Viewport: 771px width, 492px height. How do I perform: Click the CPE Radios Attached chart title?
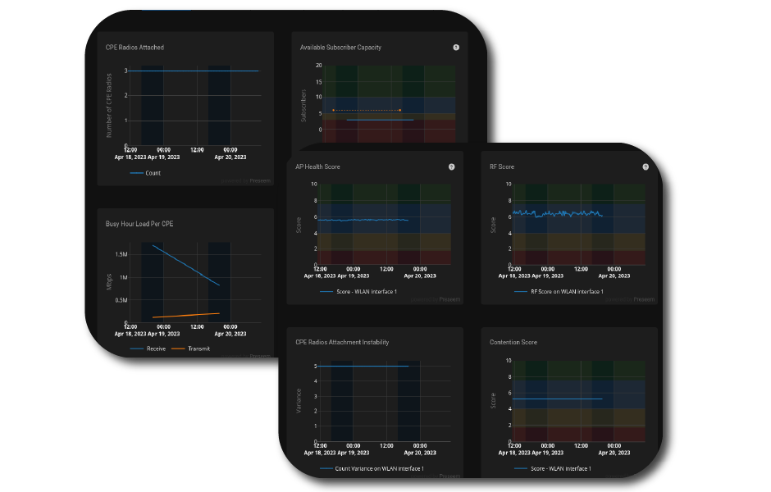click(x=135, y=48)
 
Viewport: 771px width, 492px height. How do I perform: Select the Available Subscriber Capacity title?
click(x=340, y=48)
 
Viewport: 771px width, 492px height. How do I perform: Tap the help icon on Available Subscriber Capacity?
click(x=456, y=48)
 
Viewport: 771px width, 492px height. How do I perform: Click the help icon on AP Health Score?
click(x=451, y=166)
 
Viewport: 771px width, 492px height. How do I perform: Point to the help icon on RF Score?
click(x=646, y=166)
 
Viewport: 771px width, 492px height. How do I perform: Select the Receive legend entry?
click(x=155, y=348)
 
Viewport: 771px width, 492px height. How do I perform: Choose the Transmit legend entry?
click(x=198, y=348)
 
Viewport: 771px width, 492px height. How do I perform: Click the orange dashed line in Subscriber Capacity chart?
click(x=366, y=110)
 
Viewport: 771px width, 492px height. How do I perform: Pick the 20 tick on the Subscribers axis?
click(x=318, y=66)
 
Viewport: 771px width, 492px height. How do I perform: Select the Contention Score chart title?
click(x=513, y=342)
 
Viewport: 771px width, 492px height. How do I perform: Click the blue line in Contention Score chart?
click(x=558, y=399)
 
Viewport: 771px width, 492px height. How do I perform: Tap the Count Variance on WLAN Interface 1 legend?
click(x=380, y=468)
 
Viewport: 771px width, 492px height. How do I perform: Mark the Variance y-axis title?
click(x=299, y=400)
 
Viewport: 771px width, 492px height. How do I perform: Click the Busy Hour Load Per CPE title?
click(x=139, y=223)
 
